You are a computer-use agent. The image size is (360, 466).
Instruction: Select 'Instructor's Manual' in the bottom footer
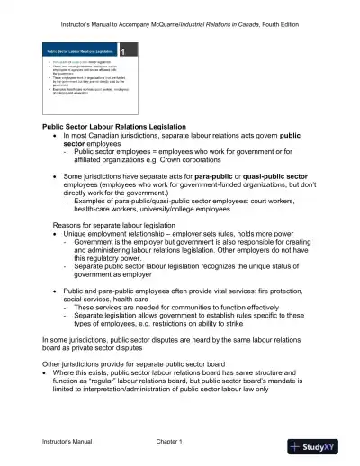[74, 443]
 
